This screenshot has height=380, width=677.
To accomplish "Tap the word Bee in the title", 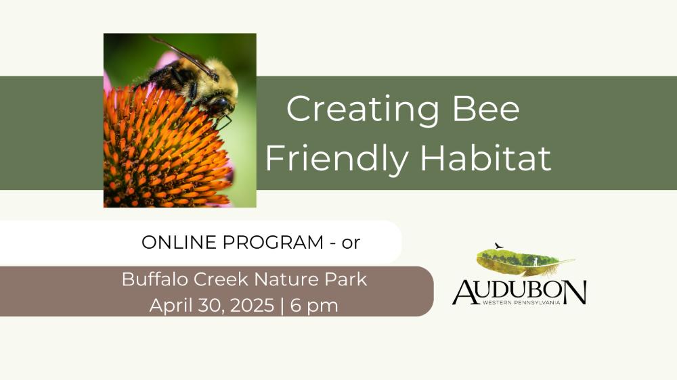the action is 485,109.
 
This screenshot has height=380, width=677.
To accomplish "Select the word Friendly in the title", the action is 336,158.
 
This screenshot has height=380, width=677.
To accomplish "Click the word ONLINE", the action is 179,243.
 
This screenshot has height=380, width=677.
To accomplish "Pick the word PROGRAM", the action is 273,243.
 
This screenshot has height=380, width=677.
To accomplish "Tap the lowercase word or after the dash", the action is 351,243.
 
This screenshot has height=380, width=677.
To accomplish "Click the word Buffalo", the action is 155,279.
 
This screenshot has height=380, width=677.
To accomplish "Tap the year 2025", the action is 253,306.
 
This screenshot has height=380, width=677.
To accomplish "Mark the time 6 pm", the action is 314,306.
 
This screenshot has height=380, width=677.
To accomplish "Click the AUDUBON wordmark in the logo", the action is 519,293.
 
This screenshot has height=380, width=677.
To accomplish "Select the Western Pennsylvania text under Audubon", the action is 521,302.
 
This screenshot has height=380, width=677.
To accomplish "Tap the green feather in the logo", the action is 525,262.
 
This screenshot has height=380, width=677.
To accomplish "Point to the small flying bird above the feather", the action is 499,246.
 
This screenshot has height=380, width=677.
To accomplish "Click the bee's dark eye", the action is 219,104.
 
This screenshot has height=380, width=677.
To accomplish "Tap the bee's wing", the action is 184,56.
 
